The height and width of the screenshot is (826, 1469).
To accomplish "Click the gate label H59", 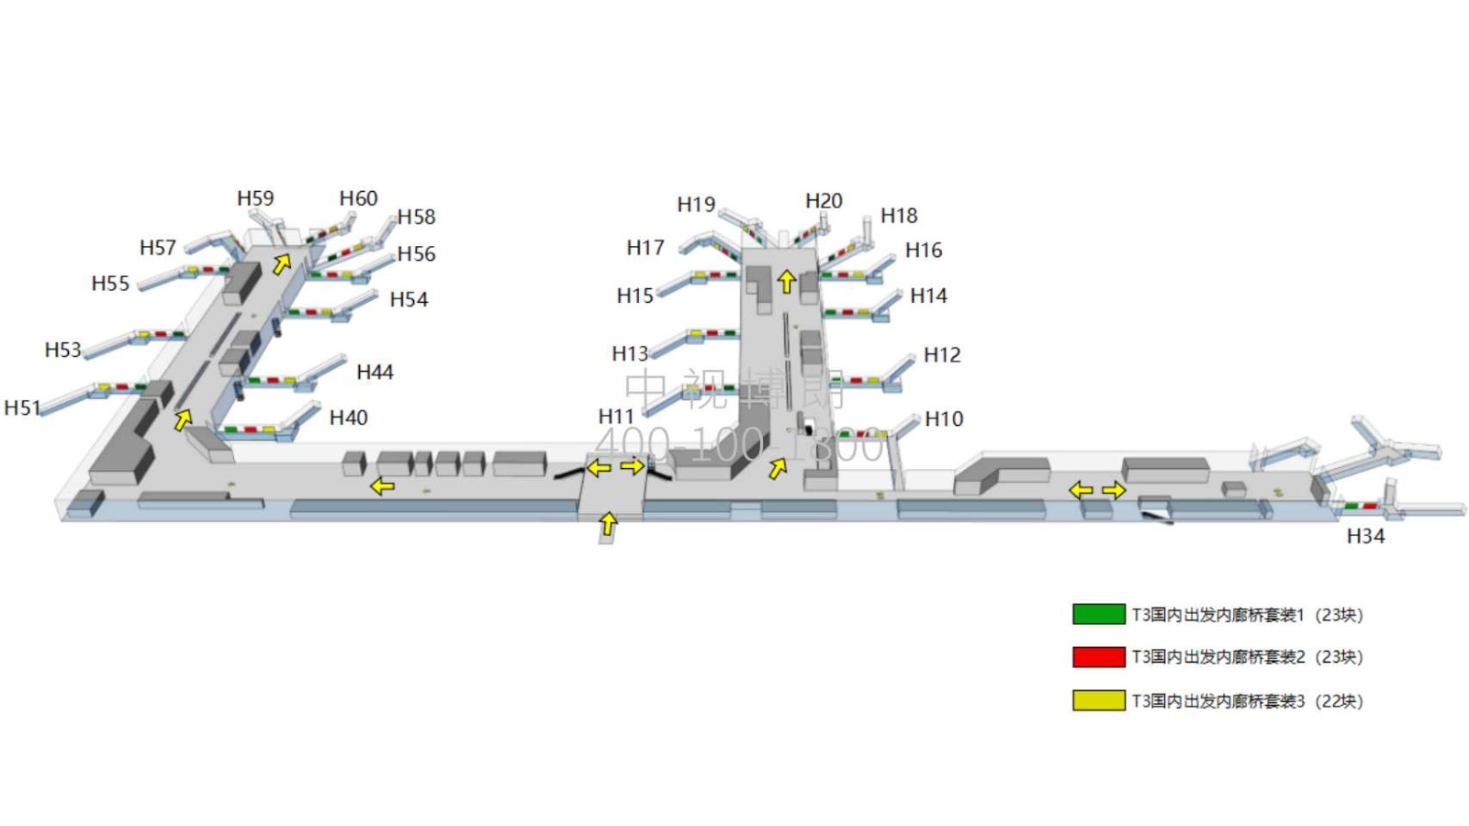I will pyautogui.click(x=255, y=198).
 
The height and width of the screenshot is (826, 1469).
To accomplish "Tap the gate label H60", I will pyautogui.click(x=358, y=198).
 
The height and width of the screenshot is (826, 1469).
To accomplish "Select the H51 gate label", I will pyautogui.click(x=22, y=407).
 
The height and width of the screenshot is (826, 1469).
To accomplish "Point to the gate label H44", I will pyautogui.click(x=375, y=372).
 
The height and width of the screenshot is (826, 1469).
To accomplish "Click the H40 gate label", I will pyautogui.click(x=348, y=418).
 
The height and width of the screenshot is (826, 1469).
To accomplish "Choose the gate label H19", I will pyautogui.click(x=696, y=204).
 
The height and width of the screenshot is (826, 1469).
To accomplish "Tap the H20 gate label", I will pyautogui.click(x=824, y=201).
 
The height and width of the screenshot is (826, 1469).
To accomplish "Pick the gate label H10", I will pyautogui.click(x=944, y=419).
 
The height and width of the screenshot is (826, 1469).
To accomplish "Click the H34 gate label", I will pyautogui.click(x=1365, y=536).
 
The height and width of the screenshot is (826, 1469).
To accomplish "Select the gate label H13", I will pyautogui.click(x=630, y=353).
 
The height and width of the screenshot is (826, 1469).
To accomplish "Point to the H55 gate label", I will pyautogui.click(x=110, y=284).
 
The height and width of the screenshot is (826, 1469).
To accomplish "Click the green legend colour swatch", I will pyautogui.click(x=1098, y=614).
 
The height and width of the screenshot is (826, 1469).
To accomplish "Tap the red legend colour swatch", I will pyautogui.click(x=1098, y=656).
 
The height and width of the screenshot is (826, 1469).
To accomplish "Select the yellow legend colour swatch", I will pyautogui.click(x=1098, y=700).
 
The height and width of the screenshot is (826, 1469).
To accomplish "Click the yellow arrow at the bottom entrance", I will pyautogui.click(x=607, y=524).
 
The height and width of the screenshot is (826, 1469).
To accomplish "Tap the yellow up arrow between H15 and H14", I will pyautogui.click(x=786, y=281).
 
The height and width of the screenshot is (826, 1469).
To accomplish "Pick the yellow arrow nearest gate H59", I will pyautogui.click(x=282, y=264).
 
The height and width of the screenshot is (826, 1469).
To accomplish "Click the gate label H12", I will pyautogui.click(x=942, y=355).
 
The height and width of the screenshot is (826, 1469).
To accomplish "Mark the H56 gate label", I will pyautogui.click(x=416, y=254).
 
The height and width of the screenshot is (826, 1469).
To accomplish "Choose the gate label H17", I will pyautogui.click(x=645, y=248).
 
